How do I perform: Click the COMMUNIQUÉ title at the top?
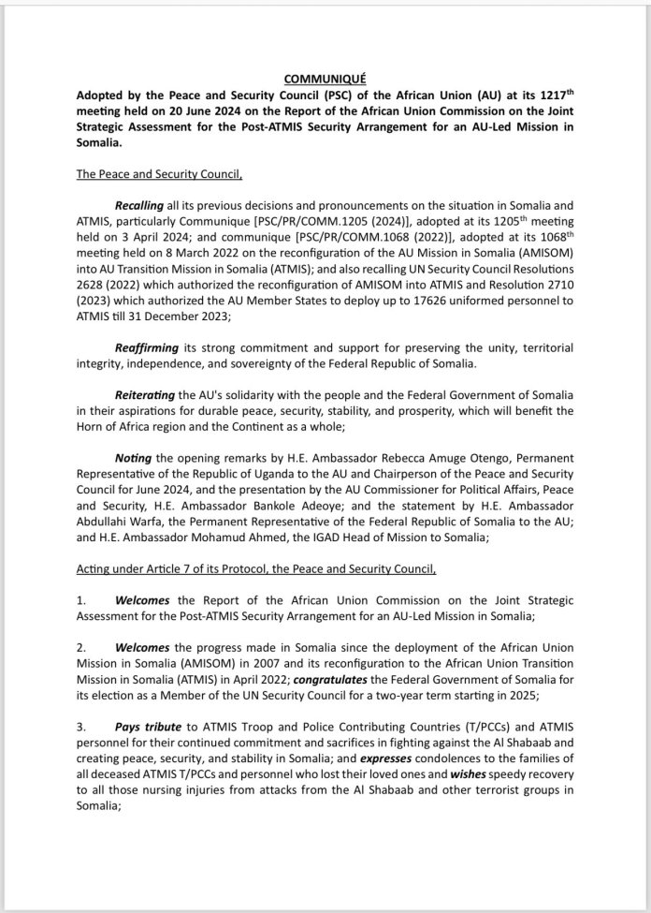325,81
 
